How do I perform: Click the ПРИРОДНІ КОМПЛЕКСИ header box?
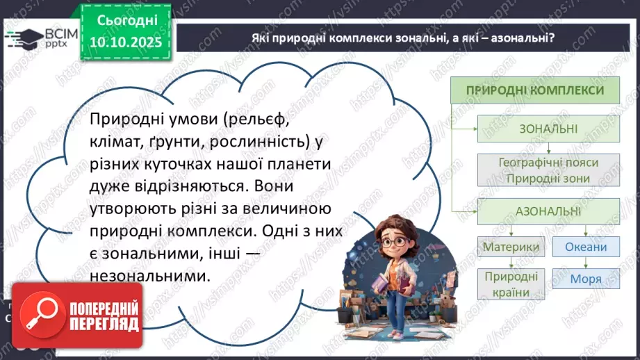coord(534,90)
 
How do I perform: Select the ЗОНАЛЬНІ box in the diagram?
coord(549,129)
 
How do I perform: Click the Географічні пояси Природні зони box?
coord(549,170)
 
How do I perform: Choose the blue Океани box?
coord(586,247)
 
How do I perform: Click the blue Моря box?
coord(586,280)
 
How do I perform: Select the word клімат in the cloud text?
coord(115,144)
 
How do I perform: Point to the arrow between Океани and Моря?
coord(586,263)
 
